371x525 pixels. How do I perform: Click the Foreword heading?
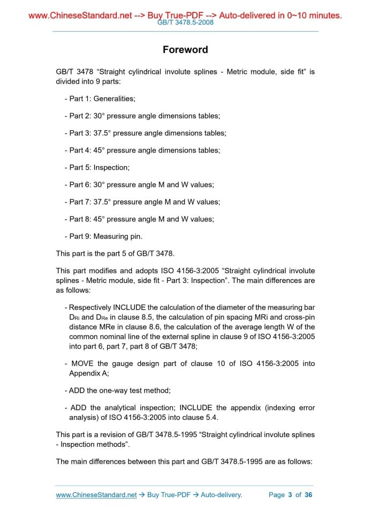coord(185,50)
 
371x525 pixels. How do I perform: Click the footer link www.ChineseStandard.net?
coord(96,495)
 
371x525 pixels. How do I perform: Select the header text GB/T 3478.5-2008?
coord(185,22)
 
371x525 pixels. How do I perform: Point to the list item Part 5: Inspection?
coord(97,168)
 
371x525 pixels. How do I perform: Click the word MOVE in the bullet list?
coord(82,364)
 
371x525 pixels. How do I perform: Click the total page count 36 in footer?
coord(308,495)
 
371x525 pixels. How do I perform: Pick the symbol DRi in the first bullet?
coord(74,318)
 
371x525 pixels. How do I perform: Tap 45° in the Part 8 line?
coord(99,219)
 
